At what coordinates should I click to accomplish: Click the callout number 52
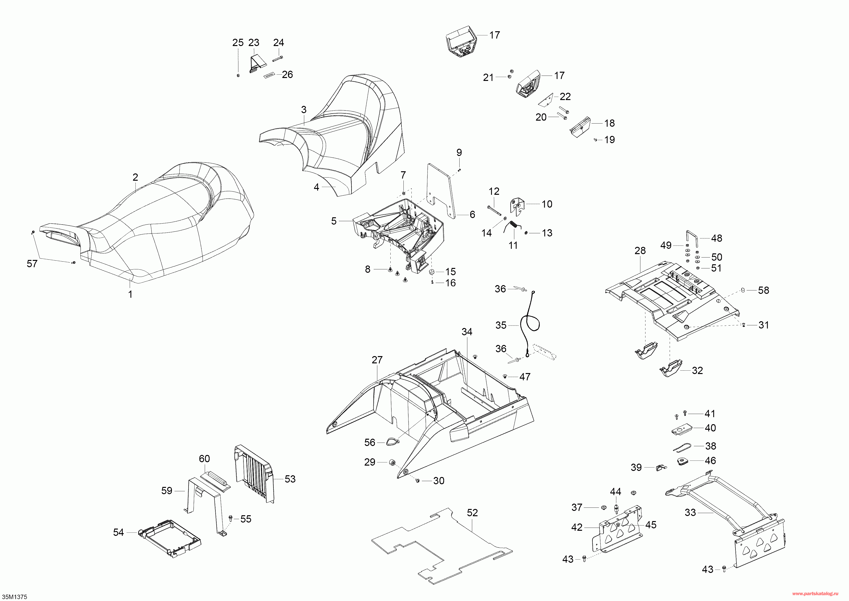click(x=472, y=513)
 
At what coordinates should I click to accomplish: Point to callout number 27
click(x=377, y=360)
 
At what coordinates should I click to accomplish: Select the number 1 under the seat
click(x=130, y=294)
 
